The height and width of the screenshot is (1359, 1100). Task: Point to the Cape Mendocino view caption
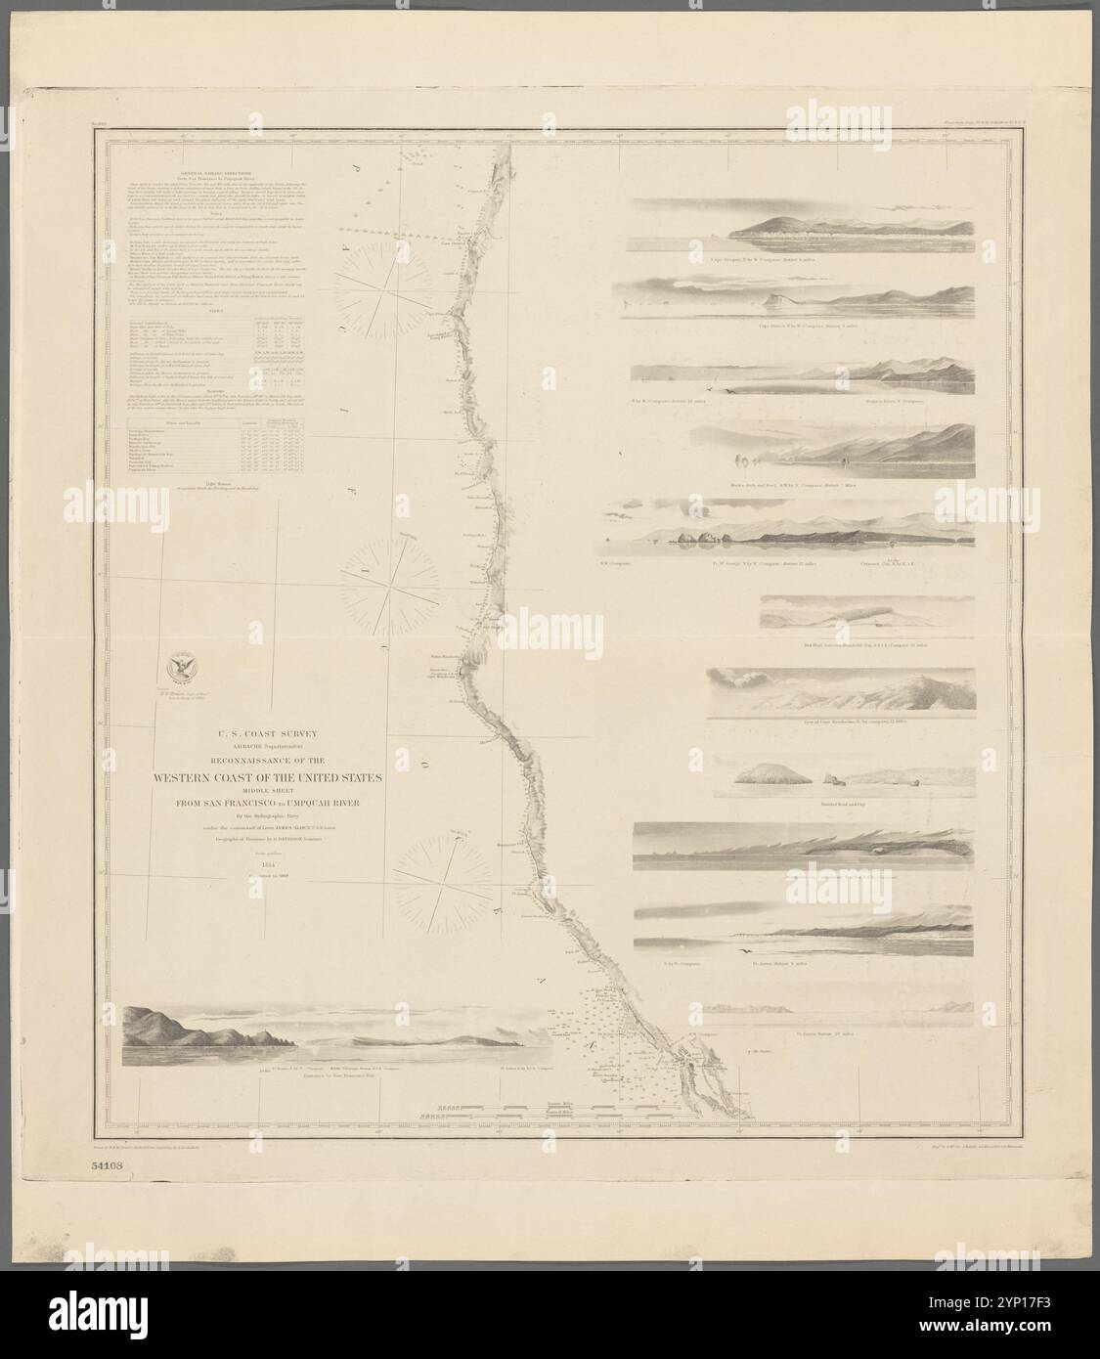pyautogui.click(x=844, y=723)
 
